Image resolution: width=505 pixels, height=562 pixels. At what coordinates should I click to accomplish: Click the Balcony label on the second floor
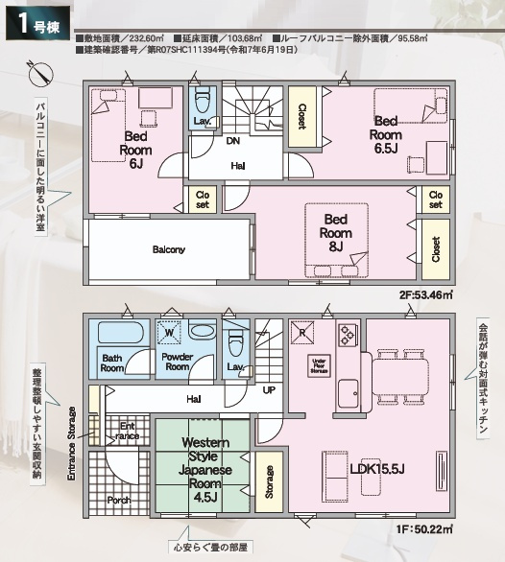coord(168,249)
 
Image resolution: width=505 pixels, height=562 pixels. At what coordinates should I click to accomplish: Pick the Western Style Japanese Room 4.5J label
coord(204,470)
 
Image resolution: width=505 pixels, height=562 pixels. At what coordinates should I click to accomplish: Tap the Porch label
coord(120,500)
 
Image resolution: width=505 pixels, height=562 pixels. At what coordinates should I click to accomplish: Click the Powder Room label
coord(177,362)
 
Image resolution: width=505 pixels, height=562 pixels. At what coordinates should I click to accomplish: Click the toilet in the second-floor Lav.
coord(202,101)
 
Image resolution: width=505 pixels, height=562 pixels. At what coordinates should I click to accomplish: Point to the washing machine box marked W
coord(170,333)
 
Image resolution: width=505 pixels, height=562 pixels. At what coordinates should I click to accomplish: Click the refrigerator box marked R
coord(303,334)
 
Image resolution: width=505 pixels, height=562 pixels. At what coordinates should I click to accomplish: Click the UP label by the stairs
coord(269,390)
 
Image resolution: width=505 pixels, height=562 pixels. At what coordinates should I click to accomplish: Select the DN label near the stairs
coord(233,140)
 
